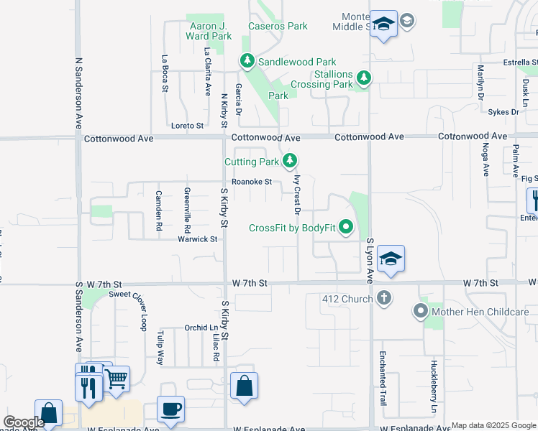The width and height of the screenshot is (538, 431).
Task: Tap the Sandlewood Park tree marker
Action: (x=247, y=61)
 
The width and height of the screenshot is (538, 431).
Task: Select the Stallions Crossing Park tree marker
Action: (x=364, y=78)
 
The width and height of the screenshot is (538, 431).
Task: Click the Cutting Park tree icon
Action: (x=290, y=160)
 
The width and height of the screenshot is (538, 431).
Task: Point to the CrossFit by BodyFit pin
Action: (x=347, y=228)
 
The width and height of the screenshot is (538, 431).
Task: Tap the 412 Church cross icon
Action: (x=384, y=297)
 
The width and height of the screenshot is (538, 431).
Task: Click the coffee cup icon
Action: (x=170, y=409)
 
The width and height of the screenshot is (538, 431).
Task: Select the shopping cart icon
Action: (x=117, y=377)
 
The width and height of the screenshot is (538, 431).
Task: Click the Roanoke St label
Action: (x=252, y=182)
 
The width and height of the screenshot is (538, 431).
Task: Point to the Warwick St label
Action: (x=198, y=239)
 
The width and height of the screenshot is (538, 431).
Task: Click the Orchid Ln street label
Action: (x=201, y=328)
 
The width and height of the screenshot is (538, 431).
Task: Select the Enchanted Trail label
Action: (x=382, y=381)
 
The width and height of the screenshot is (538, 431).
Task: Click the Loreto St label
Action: (x=187, y=126)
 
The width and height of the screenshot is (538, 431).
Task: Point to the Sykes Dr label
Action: (x=503, y=112)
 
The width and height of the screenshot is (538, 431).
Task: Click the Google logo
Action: (x=24, y=422)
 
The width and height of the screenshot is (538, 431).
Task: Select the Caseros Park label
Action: (x=278, y=27)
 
